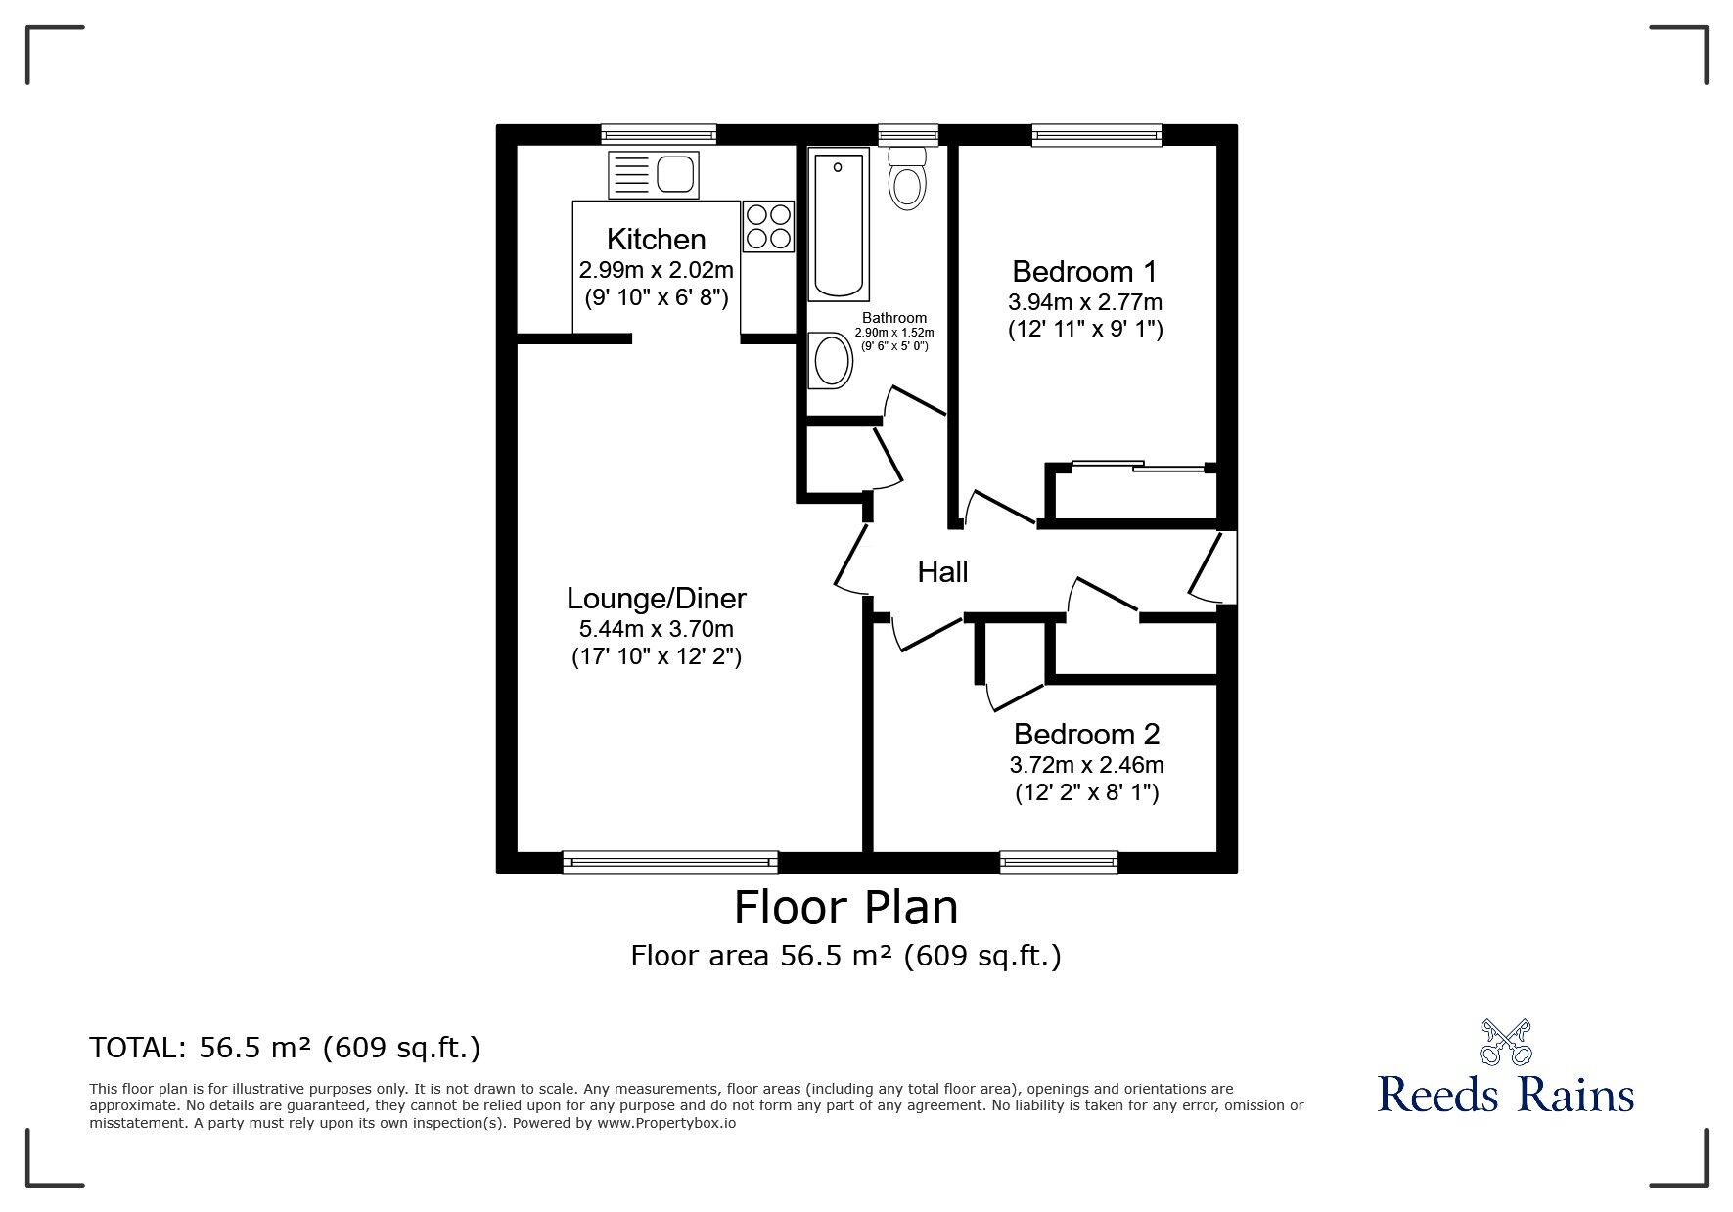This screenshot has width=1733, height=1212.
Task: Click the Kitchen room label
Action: pyautogui.click(x=656, y=239)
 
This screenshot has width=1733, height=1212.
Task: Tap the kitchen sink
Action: pyautogui.click(x=653, y=176)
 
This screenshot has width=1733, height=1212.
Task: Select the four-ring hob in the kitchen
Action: pyautogui.click(x=768, y=226)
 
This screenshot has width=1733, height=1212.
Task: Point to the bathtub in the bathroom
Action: pyautogui.click(x=839, y=225)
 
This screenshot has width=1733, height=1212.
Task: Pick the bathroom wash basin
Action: pyautogui.click(x=831, y=360)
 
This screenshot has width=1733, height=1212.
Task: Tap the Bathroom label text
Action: pyautogui.click(x=894, y=318)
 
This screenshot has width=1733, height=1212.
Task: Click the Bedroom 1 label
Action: pyautogui.click(x=1084, y=271)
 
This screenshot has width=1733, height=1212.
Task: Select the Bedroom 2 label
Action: pyautogui.click(x=1086, y=734)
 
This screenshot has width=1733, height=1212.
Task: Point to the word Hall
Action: pyautogui.click(x=942, y=571)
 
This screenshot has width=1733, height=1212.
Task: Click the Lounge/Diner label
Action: pyautogui.click(x=657, y=598)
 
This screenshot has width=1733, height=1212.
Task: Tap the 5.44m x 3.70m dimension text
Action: pyautogui.click(x=657, y=629)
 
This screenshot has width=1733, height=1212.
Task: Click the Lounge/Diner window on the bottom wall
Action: pyautogui.click(x=670, y=861)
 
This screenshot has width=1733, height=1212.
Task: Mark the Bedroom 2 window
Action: pyautogui.click(x=1059, y=861)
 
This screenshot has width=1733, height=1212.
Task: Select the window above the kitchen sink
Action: pyautogui.click(x=659, y=135)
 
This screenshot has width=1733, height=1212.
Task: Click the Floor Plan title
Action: pyautogui.click(x=846, y=907)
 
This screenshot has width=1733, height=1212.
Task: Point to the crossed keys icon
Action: pyautogui.click(x=1506, y=1042)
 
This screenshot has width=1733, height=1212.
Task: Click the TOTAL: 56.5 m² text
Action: pyautogui.click(x=285, y=1048)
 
